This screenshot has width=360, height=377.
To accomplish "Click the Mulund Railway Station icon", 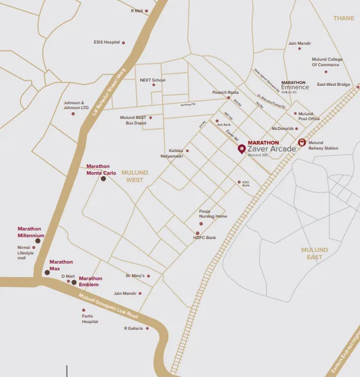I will pos(301,142).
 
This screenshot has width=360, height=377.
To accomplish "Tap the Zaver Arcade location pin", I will pos(241,148).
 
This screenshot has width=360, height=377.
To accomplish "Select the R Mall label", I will pos(136,10).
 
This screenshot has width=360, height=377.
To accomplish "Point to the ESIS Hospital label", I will pos(107,42).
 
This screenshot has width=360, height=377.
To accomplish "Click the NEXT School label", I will pos(152,80).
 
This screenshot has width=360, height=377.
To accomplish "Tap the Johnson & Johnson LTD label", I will pos(76,105).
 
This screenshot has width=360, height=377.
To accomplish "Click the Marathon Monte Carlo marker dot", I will pos(103,179).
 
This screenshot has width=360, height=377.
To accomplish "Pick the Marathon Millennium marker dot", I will pos(38,241).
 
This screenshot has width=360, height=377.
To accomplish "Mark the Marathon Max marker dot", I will pos(47,272).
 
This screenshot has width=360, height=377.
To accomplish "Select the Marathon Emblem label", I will pos(90,281).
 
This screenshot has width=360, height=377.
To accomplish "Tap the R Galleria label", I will pos(133,329).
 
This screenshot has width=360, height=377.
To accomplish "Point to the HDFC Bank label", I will pos(205,237).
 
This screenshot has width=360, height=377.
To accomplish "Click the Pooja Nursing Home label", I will pos(213,214).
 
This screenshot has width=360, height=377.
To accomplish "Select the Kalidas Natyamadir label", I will pos(176,153).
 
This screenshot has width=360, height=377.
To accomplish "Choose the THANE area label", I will pos(343,18).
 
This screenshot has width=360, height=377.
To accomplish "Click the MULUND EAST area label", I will pos(315,253).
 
